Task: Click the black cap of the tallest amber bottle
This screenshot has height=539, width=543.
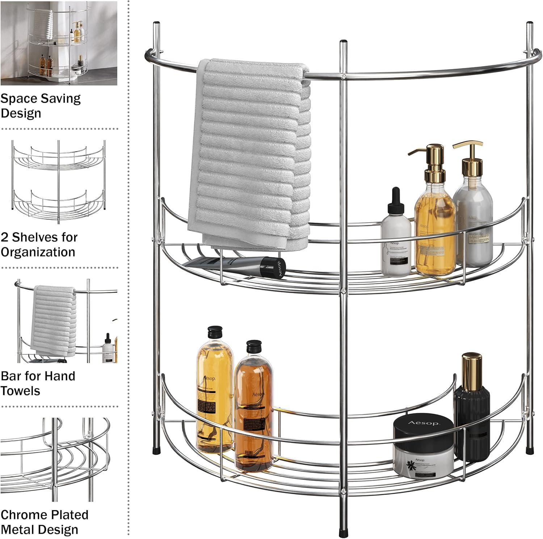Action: [x=214, y=331]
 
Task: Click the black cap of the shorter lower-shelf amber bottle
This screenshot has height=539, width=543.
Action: [x=254, y=346]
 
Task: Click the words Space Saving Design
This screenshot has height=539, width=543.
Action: [x=41, y=106]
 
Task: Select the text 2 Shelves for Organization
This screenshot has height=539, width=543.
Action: [x=39, y=244]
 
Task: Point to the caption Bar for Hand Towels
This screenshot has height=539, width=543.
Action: [x=38, y=383]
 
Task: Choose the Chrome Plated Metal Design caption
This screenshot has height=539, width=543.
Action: [x=44, y=522]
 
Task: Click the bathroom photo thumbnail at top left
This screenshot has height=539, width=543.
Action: [x=59, y=43]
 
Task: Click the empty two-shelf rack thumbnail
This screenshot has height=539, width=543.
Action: [x=59, y=177]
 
